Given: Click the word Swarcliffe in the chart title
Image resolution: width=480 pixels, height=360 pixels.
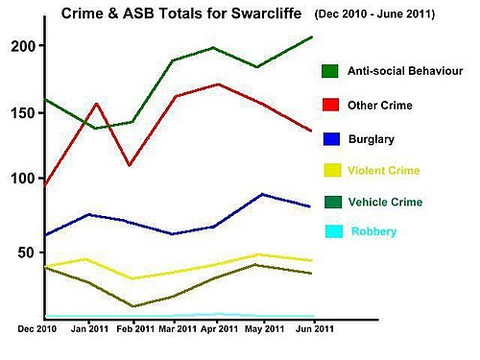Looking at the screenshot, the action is (266, 13).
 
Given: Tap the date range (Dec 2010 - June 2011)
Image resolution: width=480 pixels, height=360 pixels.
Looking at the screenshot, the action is (374, 14).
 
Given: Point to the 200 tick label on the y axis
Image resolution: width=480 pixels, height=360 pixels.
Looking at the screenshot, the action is (23, 46).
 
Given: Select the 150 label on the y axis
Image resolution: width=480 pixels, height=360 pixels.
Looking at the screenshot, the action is (23, 113).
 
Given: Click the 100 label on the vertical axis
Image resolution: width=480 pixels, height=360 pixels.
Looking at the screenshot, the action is (23, 179).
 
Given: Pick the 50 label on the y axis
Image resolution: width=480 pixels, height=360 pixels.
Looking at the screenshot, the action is (26, 252).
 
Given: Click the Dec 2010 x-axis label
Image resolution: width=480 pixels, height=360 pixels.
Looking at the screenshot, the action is (37, 329).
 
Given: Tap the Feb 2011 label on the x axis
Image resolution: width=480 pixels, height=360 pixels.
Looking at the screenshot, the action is (135, 329).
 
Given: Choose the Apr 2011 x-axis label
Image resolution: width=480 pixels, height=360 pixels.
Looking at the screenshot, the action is (220, 329).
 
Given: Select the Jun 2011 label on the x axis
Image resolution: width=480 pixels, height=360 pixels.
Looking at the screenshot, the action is (315, 329).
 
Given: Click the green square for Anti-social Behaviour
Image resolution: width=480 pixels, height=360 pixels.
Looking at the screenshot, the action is (330, 71).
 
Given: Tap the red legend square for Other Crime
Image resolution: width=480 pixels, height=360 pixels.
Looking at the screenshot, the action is (330, 105).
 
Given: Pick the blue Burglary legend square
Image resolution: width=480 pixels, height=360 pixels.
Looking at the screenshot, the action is (331, 139).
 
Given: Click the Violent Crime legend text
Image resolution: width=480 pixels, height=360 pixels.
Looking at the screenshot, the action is (384, 171).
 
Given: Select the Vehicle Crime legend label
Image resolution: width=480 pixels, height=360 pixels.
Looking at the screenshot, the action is (385, 202).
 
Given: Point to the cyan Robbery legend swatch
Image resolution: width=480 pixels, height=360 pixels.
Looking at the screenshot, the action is (334, 231).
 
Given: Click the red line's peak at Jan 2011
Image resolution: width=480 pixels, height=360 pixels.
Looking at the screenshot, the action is (97, 104).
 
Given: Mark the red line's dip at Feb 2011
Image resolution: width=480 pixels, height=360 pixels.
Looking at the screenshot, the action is (130, 165).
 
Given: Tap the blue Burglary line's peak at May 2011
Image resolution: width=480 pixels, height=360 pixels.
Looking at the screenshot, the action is (262, 194).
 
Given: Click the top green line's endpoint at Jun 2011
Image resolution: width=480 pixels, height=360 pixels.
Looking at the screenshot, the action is (312, 37).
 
